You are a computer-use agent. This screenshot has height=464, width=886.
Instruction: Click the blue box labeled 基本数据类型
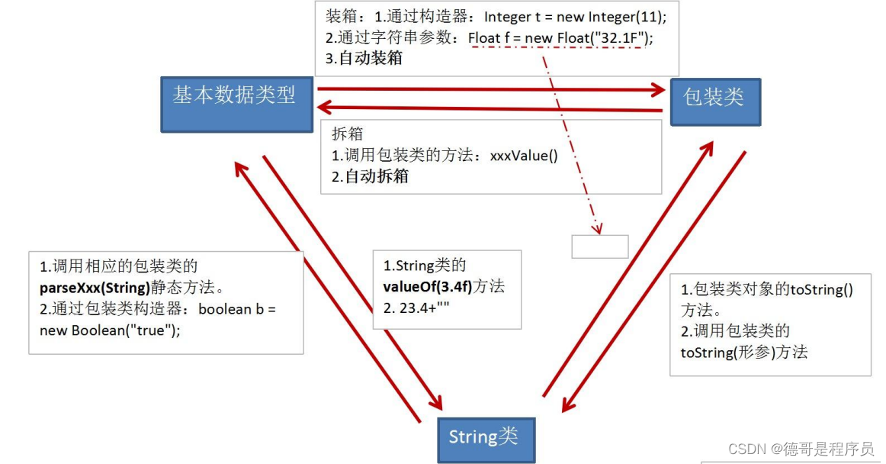point(236,103)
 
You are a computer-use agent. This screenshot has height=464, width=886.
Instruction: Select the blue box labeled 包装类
point(715,101)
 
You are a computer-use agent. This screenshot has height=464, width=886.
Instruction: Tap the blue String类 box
point(486,439)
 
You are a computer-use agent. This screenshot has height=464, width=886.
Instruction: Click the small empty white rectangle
point(600,246)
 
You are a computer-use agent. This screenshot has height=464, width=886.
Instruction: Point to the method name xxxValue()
point(524,156)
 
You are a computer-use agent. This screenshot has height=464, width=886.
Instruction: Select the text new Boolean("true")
point(110,330)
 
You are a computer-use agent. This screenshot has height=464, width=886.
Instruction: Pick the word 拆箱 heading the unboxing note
point(348,134)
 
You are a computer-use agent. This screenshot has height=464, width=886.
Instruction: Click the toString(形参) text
point(743,352)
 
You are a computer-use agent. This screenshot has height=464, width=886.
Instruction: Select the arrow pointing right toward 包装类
point(488,90)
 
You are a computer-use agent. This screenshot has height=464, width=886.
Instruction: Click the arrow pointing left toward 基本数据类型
point(488,108)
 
